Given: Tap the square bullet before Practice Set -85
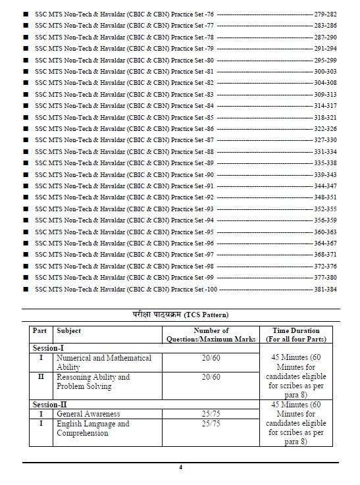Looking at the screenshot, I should pos(26,116).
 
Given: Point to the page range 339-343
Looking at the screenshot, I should pos(326,174).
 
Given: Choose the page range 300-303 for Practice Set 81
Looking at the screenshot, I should pos(326,70).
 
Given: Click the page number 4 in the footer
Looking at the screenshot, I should pos(180,467).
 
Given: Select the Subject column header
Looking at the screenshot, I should pos(69,330).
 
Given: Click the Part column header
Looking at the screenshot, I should pos(39,330).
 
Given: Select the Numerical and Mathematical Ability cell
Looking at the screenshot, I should pos(103,362).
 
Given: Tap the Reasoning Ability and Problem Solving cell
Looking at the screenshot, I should pos(93,382).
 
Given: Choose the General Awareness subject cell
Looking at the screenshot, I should pos(88,415).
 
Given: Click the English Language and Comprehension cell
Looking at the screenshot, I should pos(93,428).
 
